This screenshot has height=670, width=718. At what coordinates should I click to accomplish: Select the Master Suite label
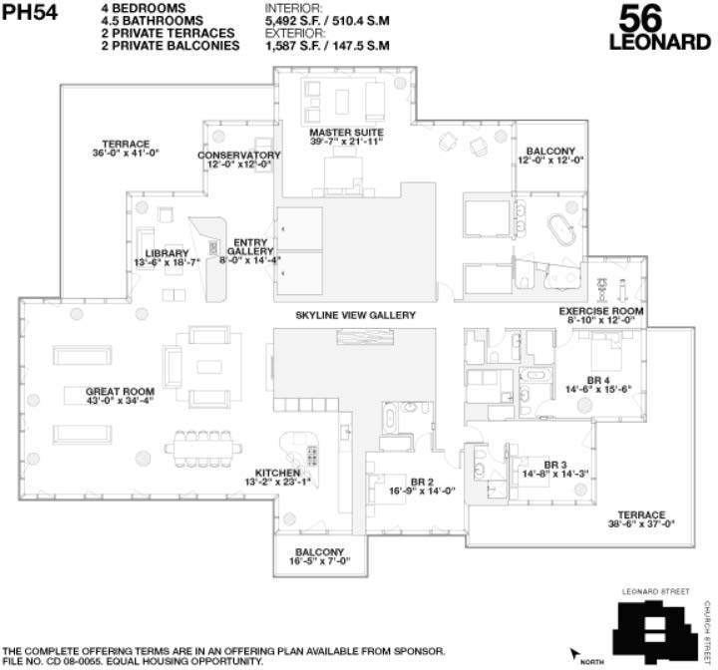[x=346, y=138]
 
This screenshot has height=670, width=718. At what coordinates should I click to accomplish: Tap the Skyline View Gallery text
[x=355, y=315]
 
